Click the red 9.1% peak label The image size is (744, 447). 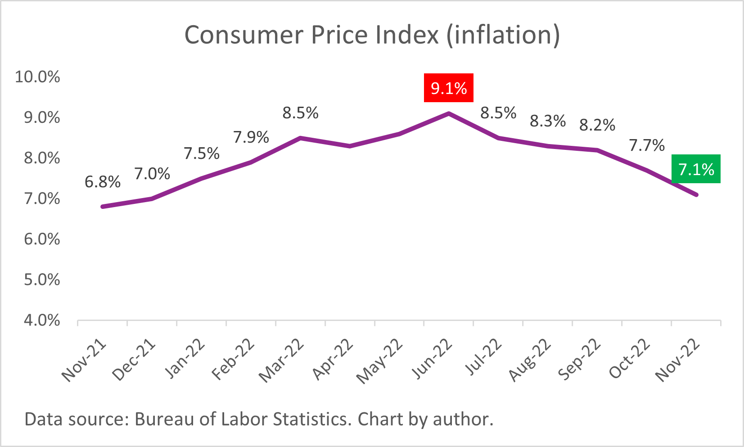coord(448,88)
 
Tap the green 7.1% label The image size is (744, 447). coord(696,169)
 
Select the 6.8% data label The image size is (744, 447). coord(103,182)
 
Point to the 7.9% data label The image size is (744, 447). coord(251,137)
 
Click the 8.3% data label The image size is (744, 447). coord(548,121)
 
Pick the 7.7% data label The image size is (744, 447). coord(647,145)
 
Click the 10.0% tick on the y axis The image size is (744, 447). coord(37,77)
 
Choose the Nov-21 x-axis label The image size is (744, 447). coord(84,361)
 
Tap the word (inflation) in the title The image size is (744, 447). coord(503,35)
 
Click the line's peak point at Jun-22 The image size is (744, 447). coord(449,113)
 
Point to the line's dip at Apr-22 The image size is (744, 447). coord(350,146)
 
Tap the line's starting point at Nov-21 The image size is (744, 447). coord(103,207)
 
